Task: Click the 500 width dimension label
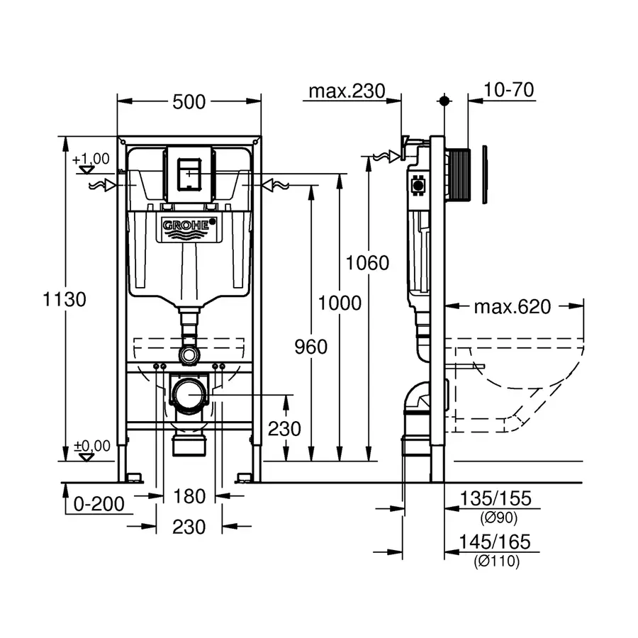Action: [x=189, y=102]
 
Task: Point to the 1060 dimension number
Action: [x=368, y=263]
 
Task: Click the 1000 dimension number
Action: [x=340, y=303]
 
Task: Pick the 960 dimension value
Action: [x=310, y=347]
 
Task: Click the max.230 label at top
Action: [x=347, y=91]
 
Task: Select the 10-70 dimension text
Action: [x=509, y=90]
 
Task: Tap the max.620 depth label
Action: [x=512, y=307]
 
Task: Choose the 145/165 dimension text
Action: [x=495, y=542]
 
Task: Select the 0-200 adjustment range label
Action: [x=99, y=504]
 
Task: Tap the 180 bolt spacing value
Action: [x=189, y=496]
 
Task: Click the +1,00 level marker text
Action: [x=91, y=158]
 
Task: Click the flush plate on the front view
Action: [x=189, y=174]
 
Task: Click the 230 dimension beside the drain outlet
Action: [x=284, y=429]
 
